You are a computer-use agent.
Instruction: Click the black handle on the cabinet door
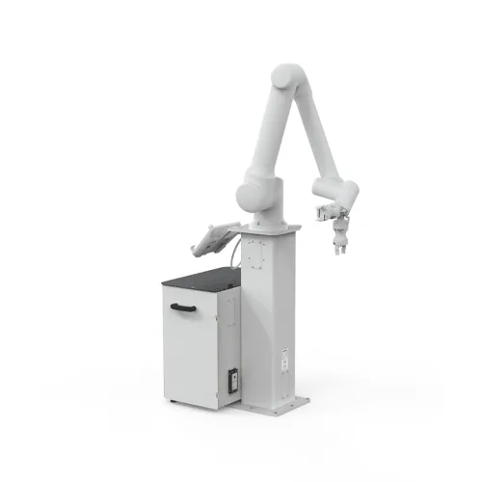tap(183, 308)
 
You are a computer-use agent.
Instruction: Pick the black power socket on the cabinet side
tap(231, 380)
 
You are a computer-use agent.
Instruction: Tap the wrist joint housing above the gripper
tap(342, 198)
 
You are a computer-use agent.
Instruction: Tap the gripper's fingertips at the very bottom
tap(340, 252)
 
